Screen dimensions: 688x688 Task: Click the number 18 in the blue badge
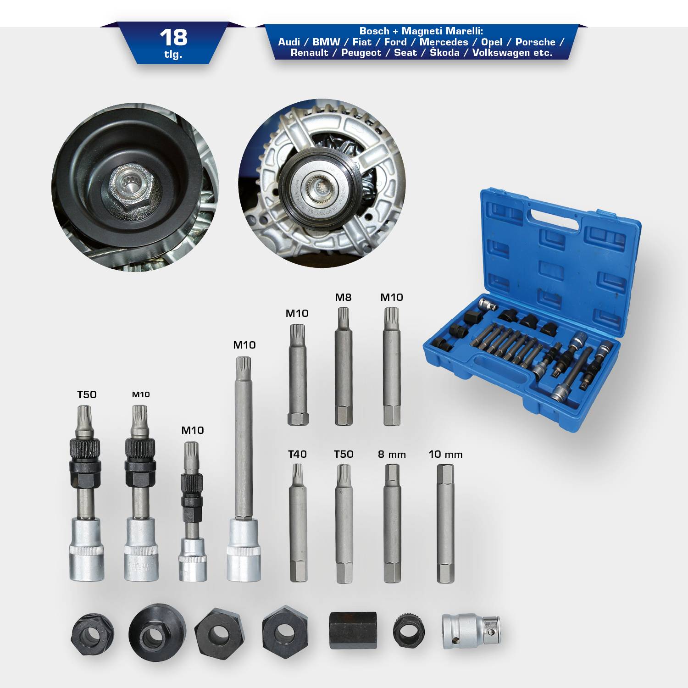173,37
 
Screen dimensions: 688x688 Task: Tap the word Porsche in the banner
535,42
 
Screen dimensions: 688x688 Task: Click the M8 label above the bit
343,297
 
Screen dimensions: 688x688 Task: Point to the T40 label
297,454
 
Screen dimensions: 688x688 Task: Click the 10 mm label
445,455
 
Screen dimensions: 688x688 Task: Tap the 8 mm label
392,455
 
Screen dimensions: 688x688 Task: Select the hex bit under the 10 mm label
445,523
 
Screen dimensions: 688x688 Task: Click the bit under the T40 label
298,523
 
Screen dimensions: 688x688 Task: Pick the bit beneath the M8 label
344,367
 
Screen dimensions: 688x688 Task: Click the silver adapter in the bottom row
471,631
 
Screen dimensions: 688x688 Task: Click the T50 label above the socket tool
87,394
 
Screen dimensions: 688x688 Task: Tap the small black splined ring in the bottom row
409,630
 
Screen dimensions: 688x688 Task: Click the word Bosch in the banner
374,31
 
